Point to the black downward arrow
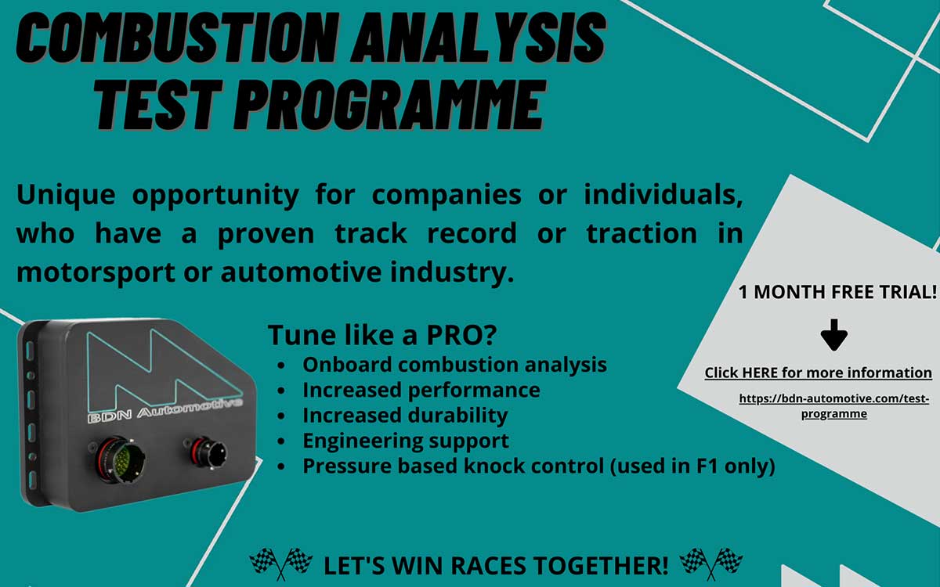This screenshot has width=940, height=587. [834, 333]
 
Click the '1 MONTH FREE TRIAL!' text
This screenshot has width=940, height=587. [837, 292]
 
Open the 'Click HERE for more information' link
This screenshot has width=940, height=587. [818, 373]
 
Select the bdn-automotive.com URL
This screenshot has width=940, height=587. [833, 405]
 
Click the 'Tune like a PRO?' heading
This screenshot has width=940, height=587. [382, 334]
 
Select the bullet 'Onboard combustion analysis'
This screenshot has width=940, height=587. [454, 364]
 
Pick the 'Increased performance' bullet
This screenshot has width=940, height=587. [421, 389]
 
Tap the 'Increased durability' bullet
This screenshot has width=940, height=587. [404, 415]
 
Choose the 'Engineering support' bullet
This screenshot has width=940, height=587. [405, 441]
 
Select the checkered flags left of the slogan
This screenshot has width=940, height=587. [280, 562]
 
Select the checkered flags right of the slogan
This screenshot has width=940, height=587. [710, 562]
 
